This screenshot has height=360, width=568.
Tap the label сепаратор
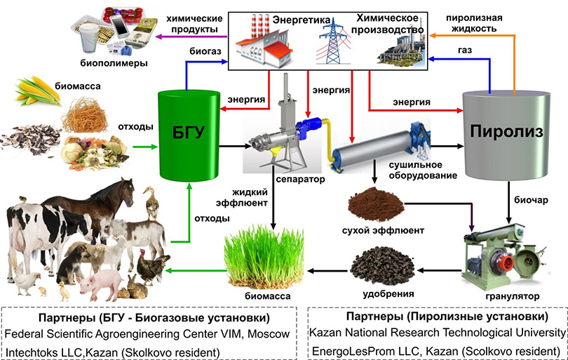(x=286, y=180)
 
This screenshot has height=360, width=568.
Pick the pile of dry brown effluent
(x=374, y=204)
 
